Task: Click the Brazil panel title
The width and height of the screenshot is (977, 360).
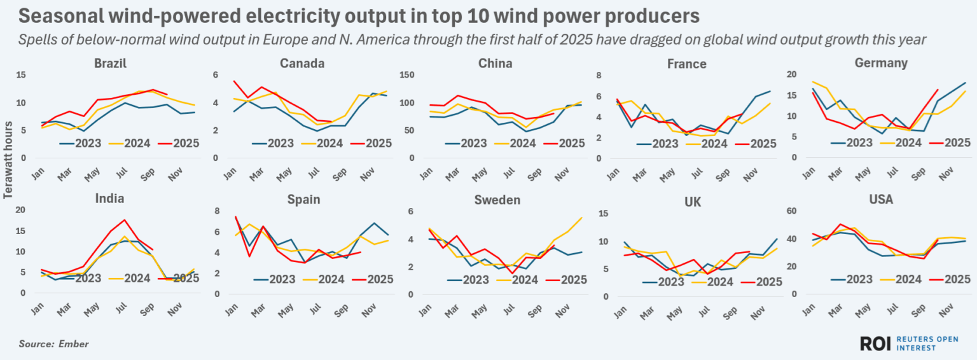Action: [111, 64]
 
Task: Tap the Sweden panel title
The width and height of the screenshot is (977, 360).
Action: [497, 200]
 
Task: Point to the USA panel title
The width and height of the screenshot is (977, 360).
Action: [881, 200]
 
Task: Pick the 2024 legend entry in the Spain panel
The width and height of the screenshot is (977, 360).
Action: [331, 279]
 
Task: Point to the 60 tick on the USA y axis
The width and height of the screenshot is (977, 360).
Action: [793, 211]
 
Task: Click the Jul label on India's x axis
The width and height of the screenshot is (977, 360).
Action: [121, 308]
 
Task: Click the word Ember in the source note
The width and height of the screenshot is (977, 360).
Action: [74, 344]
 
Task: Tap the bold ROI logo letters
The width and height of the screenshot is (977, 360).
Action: [875, 343]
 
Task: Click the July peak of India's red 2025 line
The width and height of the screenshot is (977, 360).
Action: [125, 220]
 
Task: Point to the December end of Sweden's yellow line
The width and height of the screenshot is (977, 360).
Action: [581, 218]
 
